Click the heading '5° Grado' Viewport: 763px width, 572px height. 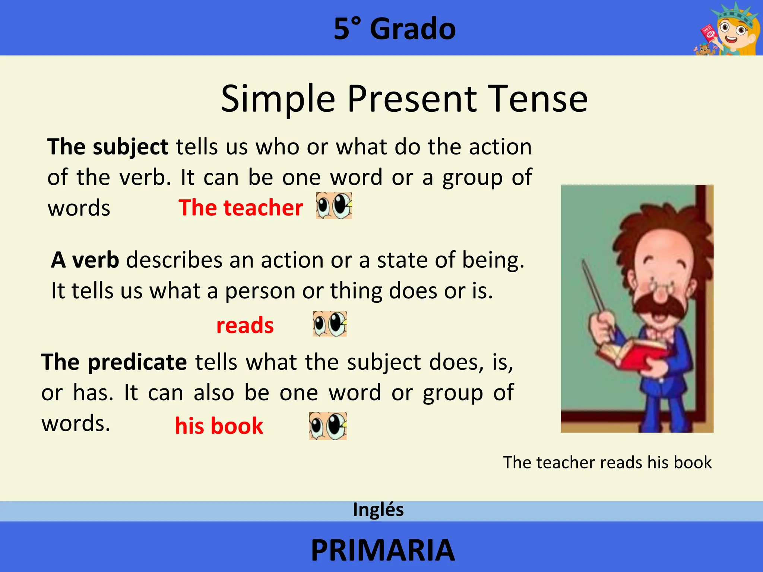click(395, 29)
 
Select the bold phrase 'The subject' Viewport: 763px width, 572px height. click(108, 147)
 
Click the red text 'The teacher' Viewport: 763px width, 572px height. click(241, 207)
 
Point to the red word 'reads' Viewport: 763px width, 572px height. click(245, 325)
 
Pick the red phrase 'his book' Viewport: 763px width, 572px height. click(219, 426)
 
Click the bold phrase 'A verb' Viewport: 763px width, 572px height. click(85, 260)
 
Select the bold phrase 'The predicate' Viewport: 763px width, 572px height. click(114, 362)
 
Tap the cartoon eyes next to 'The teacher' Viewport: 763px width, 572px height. click(334, 206)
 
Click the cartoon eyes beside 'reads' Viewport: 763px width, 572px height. click(330, 324)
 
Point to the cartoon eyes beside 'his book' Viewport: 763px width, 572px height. click(328, 426)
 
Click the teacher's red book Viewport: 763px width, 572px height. click(633, 354)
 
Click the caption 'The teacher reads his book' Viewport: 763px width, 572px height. click(607, 463)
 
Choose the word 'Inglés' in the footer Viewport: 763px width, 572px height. click(378, 510)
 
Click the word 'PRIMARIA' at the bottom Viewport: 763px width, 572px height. click(383, 550)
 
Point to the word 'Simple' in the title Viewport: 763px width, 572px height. click(278, 99)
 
